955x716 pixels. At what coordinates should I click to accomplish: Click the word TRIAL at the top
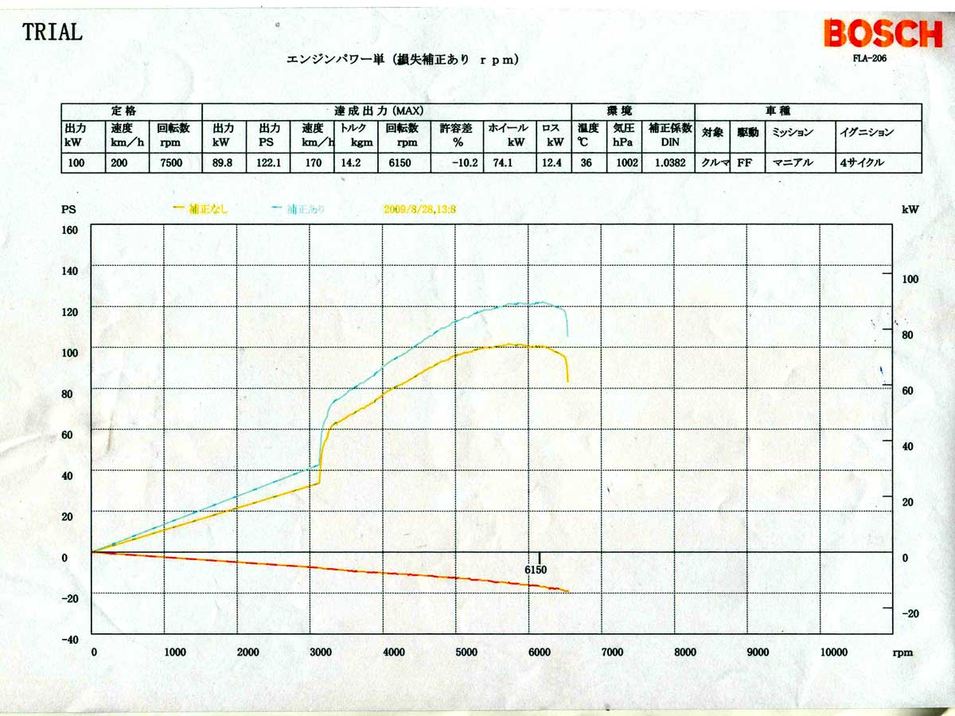pyautogui.click(x=52, y=33)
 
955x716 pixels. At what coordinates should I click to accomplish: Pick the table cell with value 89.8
pyautogui.click(x=222, y=163)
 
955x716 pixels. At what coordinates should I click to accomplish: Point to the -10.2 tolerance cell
pyautogui.click(x=458, y=163)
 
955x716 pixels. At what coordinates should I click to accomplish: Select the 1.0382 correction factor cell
pyautogui.click(x=667, y=163)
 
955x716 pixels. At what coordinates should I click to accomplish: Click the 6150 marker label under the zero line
pyautogui.click(x=536, y=570)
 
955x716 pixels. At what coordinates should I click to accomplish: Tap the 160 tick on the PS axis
pyautogui.click(x=70, y=229)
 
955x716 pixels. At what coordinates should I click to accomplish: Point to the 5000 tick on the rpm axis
pyautogui.click(x=467, y=652)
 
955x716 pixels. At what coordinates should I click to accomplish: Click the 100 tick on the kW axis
pyautogui.click(x=910, y=278)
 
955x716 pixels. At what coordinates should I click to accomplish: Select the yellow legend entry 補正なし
pyautogui.click(x=202, y=208)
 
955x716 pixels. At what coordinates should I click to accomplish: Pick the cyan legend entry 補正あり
pyautogui.click(x=298, y=208)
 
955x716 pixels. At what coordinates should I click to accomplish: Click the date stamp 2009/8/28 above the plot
pyautogui.click(x=423, y=208)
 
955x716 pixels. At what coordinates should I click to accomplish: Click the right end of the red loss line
pyautogui.click(x=568, y=591)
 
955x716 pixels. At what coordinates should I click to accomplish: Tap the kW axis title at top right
pyautogui.click(x=910, y=209)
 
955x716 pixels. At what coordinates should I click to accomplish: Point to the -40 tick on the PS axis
pyautogui.click(x=70, y=639)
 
